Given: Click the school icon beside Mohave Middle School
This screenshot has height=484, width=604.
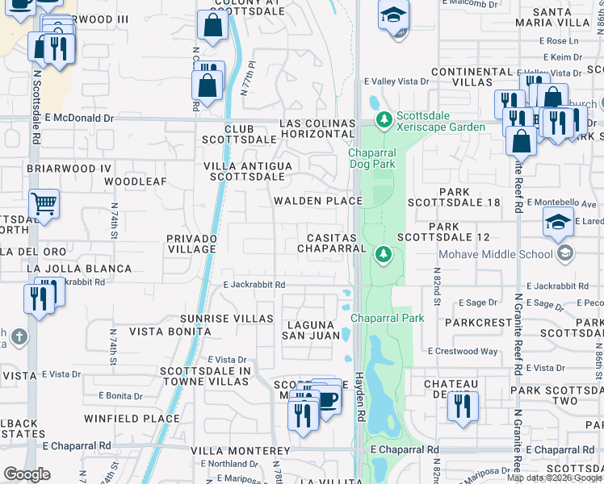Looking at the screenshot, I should (x=565, y=253).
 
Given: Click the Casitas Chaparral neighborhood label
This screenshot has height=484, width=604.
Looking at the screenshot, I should (x=332, y=243).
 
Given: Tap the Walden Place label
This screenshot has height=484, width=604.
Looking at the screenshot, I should (x=317, y=201).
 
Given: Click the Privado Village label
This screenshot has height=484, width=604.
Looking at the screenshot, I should (x=191, y=244).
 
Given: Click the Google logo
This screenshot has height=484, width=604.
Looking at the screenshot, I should (x=27, y=474).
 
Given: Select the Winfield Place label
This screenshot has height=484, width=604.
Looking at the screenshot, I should (x=132, y=419).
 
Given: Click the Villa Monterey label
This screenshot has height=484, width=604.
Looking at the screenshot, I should (x=240, y=450).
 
